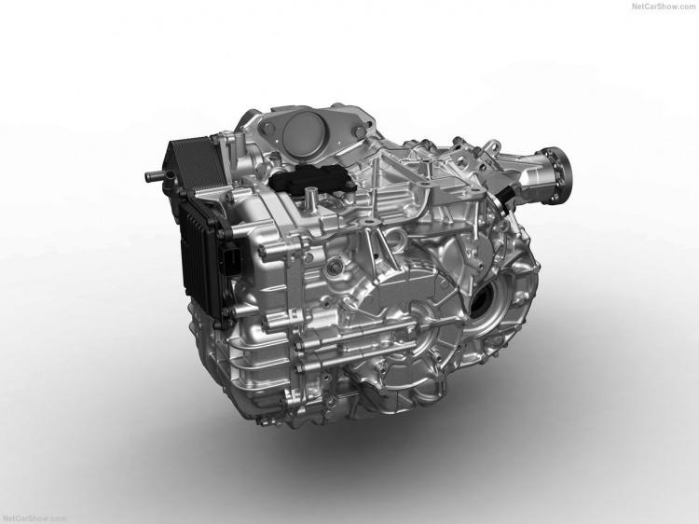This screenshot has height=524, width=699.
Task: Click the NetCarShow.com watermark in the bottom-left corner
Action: pos(34,518)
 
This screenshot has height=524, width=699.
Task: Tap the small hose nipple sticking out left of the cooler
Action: pos(154,176)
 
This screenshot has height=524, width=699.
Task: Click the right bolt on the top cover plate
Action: pos(357,131)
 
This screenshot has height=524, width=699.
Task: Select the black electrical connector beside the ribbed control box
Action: pos(235,258)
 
